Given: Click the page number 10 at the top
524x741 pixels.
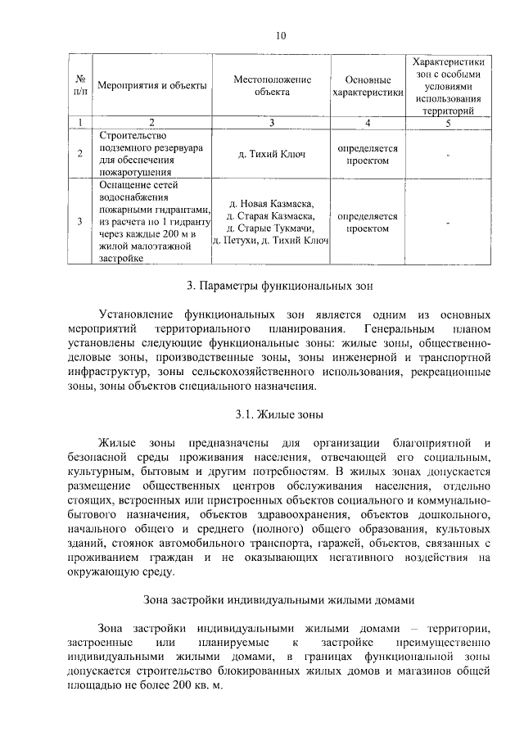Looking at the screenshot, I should point(281,35).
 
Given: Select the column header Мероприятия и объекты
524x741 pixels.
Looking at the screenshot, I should point(151,85).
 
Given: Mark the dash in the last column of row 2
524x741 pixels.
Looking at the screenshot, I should point(448,154).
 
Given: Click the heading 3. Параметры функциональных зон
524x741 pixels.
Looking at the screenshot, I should point(280,287).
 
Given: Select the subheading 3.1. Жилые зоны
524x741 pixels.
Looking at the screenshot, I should point(280,414).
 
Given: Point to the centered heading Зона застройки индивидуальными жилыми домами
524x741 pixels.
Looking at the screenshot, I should point(280,599).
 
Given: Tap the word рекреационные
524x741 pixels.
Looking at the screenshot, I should point(452,372).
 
